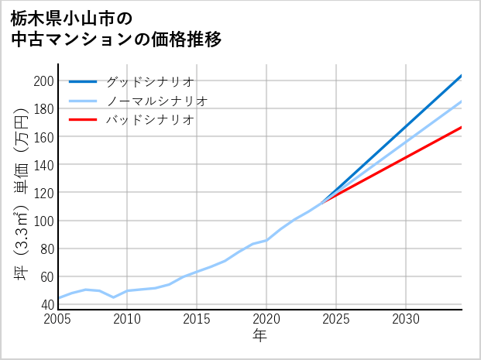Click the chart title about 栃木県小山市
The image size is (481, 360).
coord(116,28)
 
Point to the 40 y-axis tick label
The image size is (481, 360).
coord(46,305)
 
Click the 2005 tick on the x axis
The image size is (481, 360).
coord(57,319)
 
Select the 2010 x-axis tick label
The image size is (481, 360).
coord(127,319)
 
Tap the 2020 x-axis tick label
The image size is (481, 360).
coord(266,319)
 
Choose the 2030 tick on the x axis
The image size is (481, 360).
coord(406,319)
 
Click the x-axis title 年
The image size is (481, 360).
coord(259,336)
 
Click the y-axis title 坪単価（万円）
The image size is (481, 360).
coord(21,194)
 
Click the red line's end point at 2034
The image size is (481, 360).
coord(462,127)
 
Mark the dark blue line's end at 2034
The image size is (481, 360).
coord(462,75)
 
